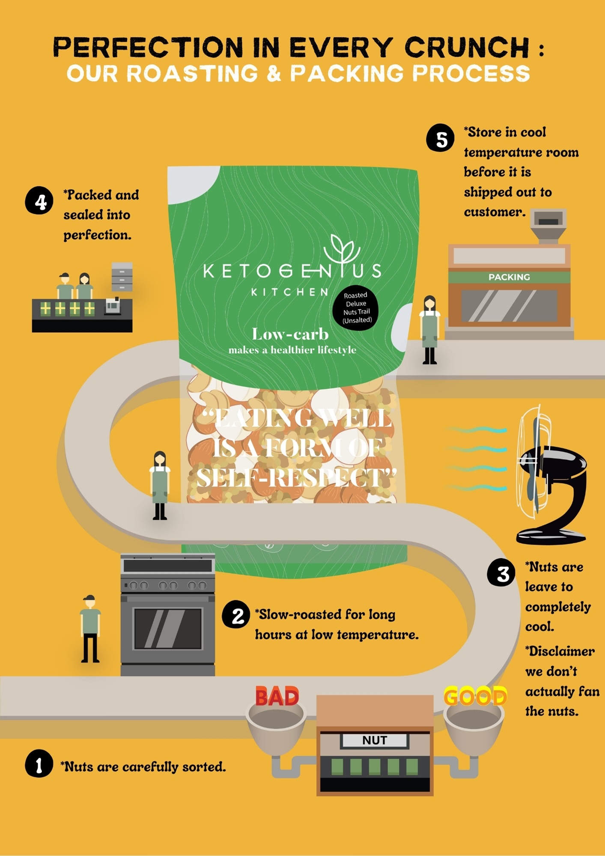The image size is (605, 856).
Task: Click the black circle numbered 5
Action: (440, 138)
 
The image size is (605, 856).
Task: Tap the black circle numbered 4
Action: (39, 200)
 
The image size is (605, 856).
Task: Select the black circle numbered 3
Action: (501, 573)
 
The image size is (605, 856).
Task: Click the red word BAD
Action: (277, 697)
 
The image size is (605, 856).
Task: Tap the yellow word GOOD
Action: (475, 697)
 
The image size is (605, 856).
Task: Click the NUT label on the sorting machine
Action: (375, 740)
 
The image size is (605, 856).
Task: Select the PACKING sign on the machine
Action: (509, 277)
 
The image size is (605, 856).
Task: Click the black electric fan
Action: (550, 475)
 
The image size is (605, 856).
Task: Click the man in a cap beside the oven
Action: (90, 629)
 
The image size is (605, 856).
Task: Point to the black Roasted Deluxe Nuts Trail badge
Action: (355, 308)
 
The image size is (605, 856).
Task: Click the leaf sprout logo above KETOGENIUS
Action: (342, 249)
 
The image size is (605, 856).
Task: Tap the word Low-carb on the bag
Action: (290, 334)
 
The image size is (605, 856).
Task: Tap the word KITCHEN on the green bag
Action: (290, 292)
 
